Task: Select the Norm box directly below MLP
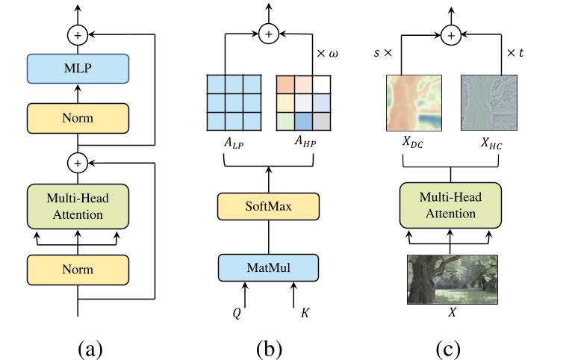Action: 78,117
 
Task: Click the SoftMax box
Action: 268,206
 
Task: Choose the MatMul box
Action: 268,267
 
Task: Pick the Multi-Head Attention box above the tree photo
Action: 450,205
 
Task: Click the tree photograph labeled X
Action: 450,279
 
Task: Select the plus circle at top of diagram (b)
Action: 268,33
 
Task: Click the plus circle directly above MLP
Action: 78,34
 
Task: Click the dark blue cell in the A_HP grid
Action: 302,120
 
